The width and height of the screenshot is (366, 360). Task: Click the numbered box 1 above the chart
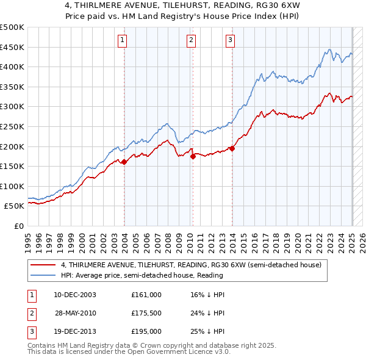[123, 40]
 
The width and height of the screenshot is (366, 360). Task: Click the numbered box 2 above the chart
[191, 40]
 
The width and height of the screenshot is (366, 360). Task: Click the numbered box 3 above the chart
[230, 40]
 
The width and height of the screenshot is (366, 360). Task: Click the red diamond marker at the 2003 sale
[124, 162]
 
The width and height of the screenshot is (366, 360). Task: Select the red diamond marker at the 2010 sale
[193, 156]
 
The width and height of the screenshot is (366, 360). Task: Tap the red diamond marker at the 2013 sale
[232, 148]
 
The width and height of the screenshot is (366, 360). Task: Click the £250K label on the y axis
[12, 126]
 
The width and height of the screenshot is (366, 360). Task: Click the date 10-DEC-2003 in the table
[75, 295]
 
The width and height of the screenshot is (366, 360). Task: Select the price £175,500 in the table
[146, 313]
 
